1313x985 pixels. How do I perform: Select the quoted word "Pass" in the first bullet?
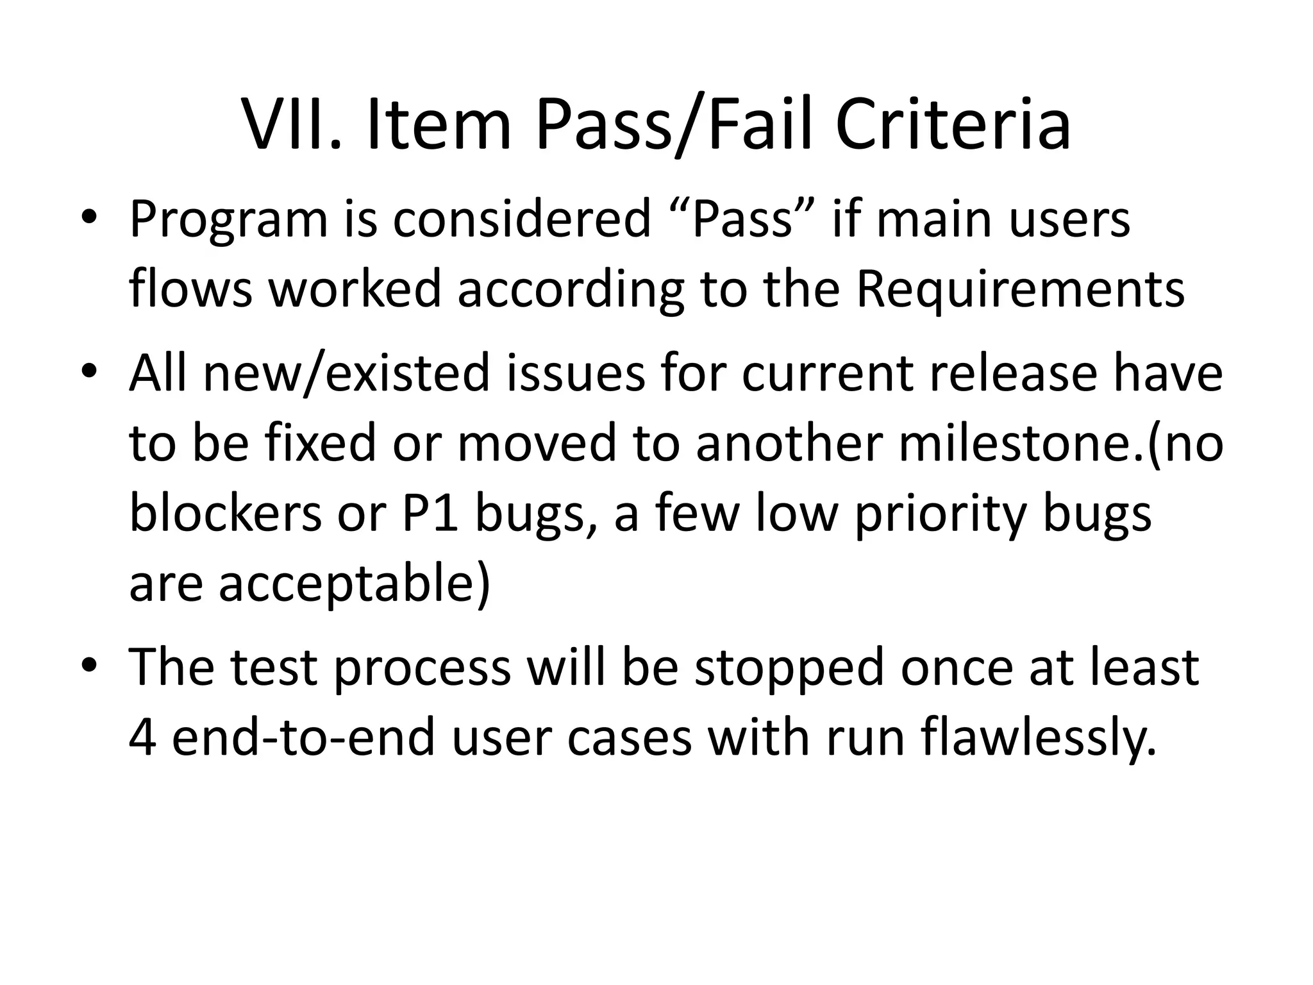[742, 219]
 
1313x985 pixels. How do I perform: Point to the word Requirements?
[1020, 289]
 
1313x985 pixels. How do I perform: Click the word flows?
[191, 288]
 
